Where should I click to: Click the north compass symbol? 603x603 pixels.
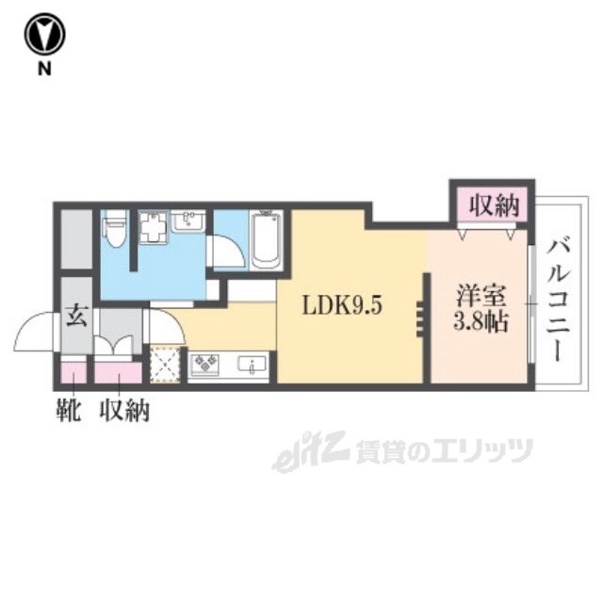[45, 36]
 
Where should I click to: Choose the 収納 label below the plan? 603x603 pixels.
[125, 412]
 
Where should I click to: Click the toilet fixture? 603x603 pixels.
[115, 230]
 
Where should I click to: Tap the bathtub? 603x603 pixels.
[267, 239]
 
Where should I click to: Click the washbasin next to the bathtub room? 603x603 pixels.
[191, 223]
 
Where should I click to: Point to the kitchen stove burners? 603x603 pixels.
[204, 366]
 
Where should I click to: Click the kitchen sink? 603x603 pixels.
[252, 365]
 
